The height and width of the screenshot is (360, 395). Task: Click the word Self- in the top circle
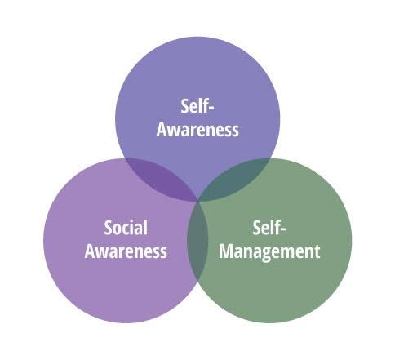(197, 106)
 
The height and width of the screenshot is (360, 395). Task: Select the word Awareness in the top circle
(197, 130)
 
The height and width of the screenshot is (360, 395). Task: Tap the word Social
(126, 228)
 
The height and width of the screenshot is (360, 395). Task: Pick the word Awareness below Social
(126, 251)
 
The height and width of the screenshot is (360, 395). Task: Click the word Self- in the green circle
(269, 228)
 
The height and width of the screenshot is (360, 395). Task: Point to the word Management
(269, 252)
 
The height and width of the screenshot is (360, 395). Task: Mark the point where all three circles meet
(197, 201)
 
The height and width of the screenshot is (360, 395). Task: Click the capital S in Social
(109, 228)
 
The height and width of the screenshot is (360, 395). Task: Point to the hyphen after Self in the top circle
(211, 108)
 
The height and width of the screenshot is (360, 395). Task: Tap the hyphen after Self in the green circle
(283, 229)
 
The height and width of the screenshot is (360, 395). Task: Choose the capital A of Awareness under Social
(90, 251)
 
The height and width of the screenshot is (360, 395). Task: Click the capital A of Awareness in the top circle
(162, 130)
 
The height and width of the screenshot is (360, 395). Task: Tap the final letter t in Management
(317, 252)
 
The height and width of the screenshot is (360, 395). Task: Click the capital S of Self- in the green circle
(257, 228)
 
